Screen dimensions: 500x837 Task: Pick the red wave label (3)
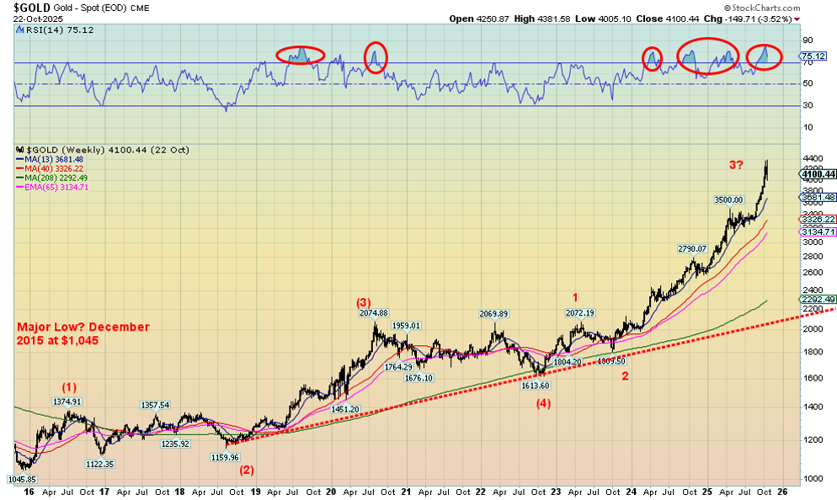click(x=363, y=302)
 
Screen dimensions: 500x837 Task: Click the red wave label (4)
click(x=544, y=402)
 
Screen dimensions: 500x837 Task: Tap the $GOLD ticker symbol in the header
click(x=25, y=8)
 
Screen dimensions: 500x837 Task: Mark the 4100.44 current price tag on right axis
click(x=817, y=174)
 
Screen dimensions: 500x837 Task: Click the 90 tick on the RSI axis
click(x=807, y=40)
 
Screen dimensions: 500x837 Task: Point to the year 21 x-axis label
click(x=404, y=491)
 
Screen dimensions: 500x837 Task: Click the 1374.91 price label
click(x=69, y=402)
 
